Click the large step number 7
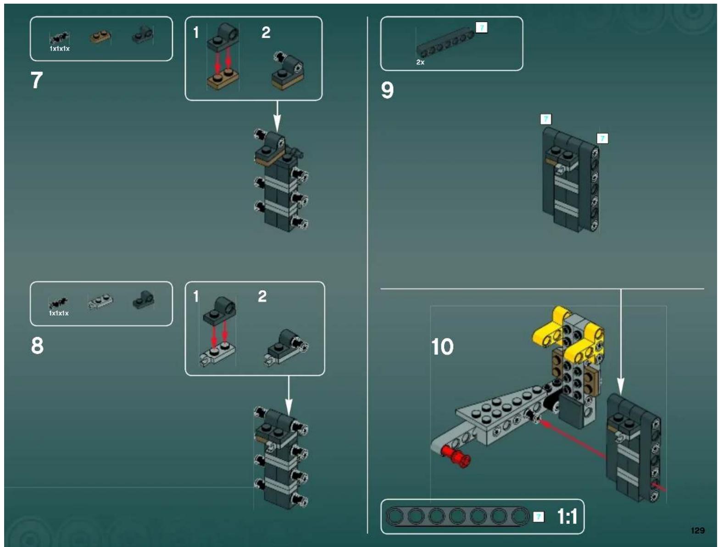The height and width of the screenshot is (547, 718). pos(37,80)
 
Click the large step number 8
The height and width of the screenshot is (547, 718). pos(37,345)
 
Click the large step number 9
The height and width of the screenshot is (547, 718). pos(387,90)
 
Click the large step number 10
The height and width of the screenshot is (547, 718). pos(442,347)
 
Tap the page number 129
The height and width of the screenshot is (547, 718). pos(697,530)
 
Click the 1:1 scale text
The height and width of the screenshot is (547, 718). pos(567,517)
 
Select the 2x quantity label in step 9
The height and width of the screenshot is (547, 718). pos(420,62)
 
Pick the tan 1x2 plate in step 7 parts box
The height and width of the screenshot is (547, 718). pos(100,36)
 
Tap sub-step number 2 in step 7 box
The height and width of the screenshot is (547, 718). pos(266,33)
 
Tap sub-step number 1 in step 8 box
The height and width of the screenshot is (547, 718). pos(196,297)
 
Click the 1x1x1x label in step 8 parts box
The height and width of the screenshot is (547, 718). pos(59,313)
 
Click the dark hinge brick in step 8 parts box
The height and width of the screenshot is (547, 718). pos(144,300)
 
